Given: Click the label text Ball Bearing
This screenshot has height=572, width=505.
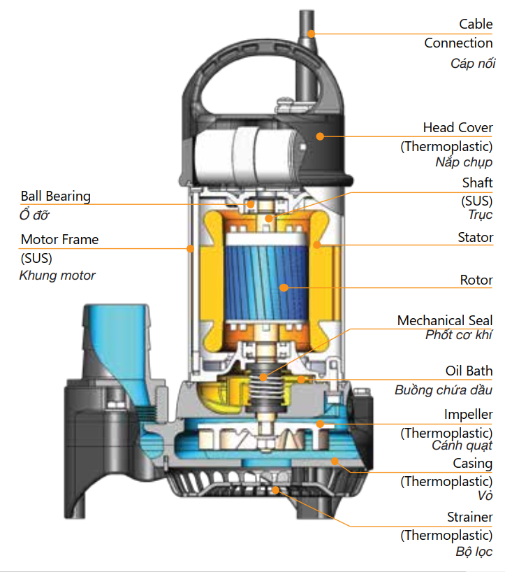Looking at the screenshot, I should pyautogui.click(x=55, y=196).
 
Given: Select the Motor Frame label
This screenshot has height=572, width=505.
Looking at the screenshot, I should pyautogui.click(x=59, y=239).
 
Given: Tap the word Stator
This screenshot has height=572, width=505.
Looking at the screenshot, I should pyautogui.click(x=475, y=238).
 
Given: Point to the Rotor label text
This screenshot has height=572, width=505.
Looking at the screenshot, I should pyautogui.click(x=476, y=280).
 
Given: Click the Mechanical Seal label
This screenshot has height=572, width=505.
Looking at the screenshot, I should pyautogui.click(x=445, y=320).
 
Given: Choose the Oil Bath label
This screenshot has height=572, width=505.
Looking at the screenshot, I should pyautogui.click(x=469, y=371).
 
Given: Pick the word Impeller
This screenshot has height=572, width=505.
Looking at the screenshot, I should pyautogui.click(x=468, y=415).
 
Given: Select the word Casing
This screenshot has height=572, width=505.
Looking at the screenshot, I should pyautogui.click(x=472, y=463).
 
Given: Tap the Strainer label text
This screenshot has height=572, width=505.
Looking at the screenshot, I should pyautogui.click(x=469, y=517).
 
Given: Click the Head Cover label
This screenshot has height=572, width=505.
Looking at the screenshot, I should pyautogui.click(x=458, y=128).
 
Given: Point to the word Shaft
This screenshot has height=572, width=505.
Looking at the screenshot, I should pyautogui.click(x=477, y=183).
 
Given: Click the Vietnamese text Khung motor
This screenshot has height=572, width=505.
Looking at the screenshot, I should pyautogui.click(x=57, y=275).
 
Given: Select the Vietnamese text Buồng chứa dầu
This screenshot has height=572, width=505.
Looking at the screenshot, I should pyautogui.click(x=444, y=389).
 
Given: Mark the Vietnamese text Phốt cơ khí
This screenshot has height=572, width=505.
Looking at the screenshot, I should pyautogui.click(x=459, y=335).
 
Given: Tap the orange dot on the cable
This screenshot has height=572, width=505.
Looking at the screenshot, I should pyautogui.click(x=312, y=32).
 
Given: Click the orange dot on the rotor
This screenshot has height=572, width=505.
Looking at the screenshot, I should pyautogui.click(x=284, y=287).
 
